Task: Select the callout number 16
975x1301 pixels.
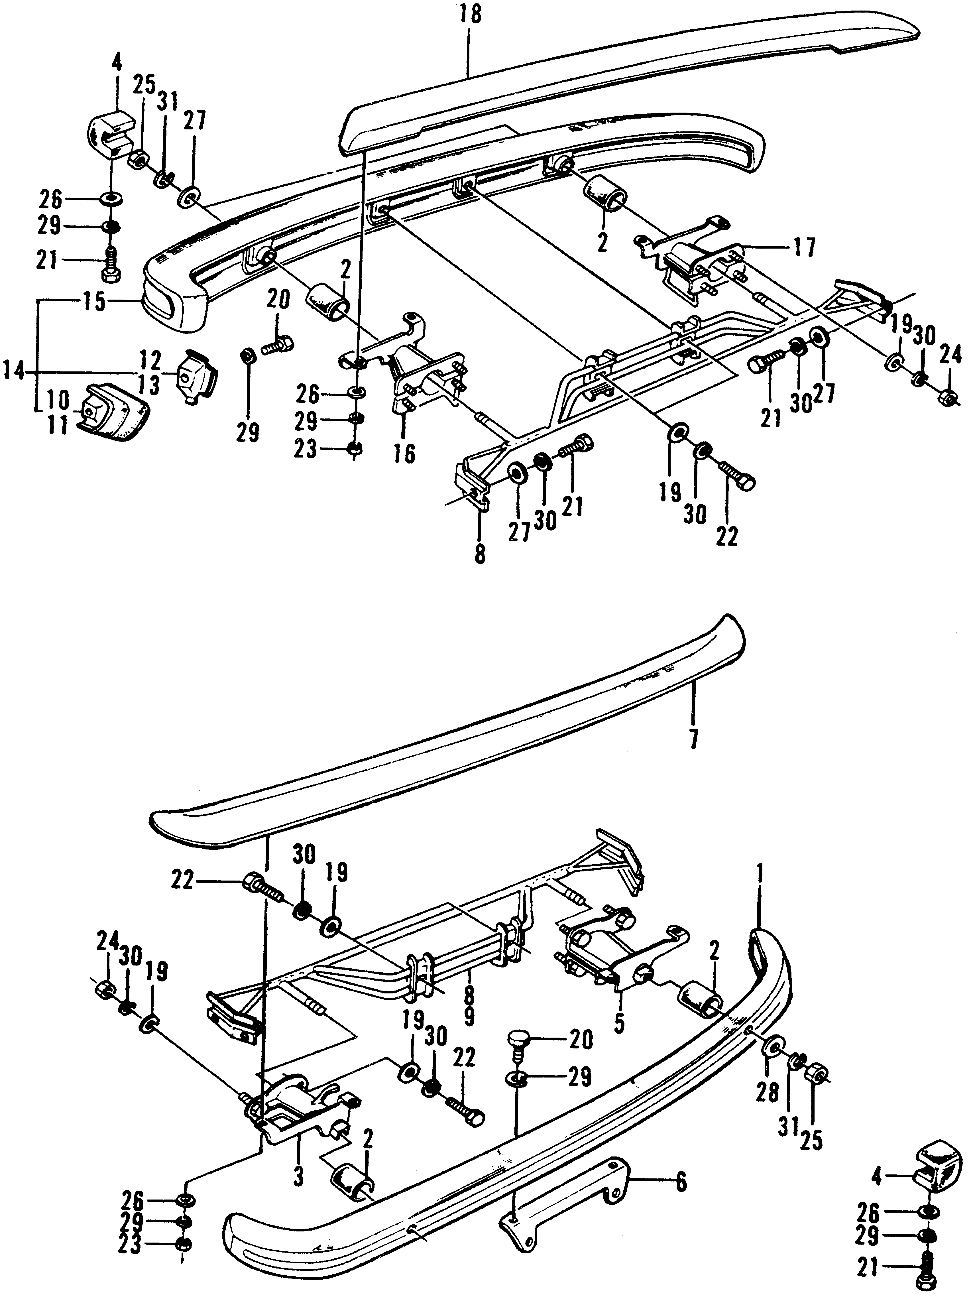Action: coord(404,454)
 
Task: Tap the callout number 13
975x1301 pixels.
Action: coord(149,385)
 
